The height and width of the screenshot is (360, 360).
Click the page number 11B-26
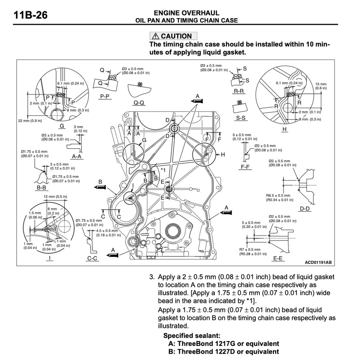pyautogui.click(x=30, y=16)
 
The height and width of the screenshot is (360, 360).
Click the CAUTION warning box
pyautogui.click(x=173, y=36)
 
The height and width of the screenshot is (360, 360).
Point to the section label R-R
pyautogui.click(x=239, y=91)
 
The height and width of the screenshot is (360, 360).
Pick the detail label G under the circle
pyautogui.click(x=62, y=126)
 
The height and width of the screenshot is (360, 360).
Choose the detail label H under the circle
pyautogui.click(x=285, y=129)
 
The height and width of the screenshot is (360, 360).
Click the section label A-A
pyautogui.click(x=76, y=156)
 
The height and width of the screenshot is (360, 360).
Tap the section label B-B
pyautogui.click(x=41, y=188)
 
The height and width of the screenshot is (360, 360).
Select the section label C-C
pyautogui.click(x=92, y=258)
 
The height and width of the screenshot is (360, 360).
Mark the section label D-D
pyautogui.click(x=305, y=209)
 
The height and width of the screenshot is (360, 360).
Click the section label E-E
pyautogui.click(x=278, y=258)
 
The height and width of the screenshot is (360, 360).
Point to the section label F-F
pyautogui.click(x=245, y=167)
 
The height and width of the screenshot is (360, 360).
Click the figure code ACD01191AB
pyautogui.click(x=318, y=262)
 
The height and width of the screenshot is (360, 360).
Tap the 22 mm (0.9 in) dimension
pyautogui.click(x=30, y=121)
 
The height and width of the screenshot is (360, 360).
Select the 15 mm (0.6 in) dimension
pyautogui.click(x=321, y=86)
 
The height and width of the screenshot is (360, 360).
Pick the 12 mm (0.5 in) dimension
pyautogui.click(x=55, y=196)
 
